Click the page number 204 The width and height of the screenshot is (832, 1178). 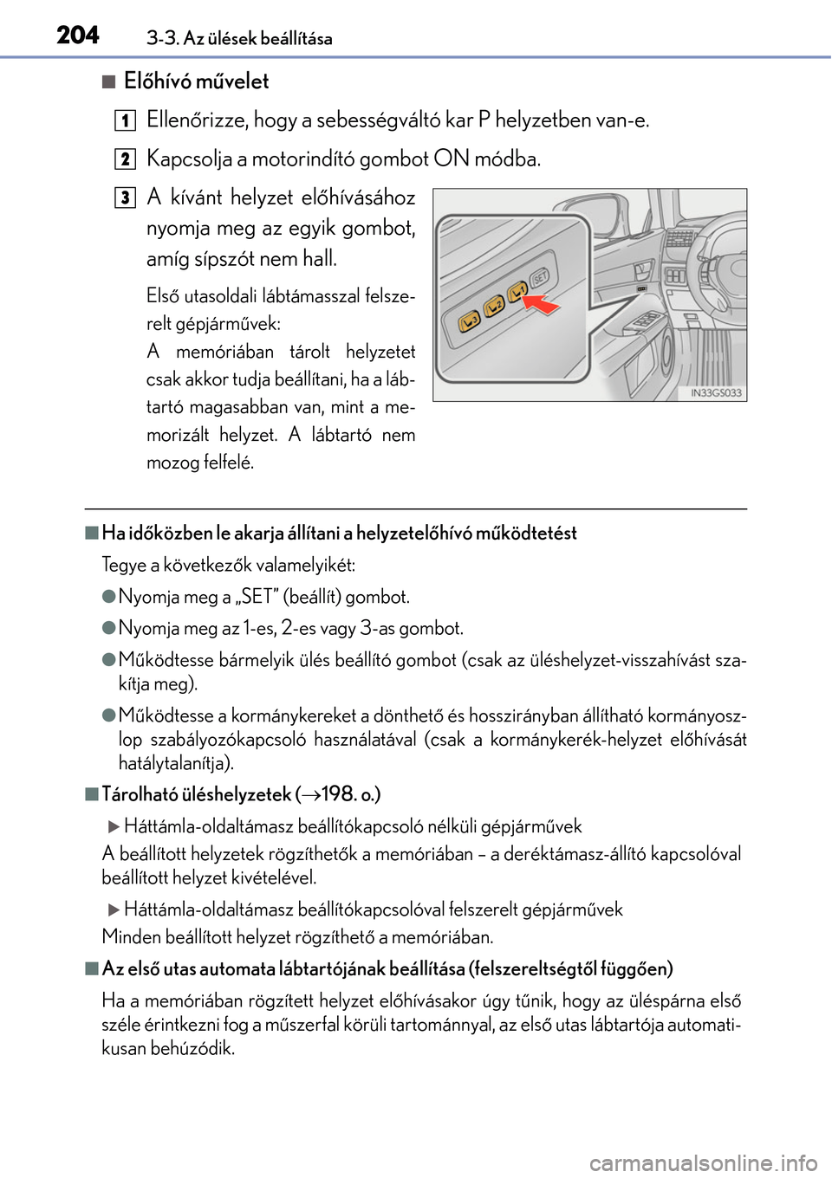pos(78,35)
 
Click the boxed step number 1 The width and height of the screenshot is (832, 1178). pos(127,120)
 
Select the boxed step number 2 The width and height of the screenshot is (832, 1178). pos(127,159)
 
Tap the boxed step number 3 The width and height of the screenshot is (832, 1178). pos(127,197)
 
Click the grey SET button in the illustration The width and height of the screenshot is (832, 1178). pos(540,278)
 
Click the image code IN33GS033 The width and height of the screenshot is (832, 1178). pos(716,392)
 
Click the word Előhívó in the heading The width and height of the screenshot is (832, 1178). pos(160,81)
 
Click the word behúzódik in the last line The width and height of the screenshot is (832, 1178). pos(192,1048)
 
